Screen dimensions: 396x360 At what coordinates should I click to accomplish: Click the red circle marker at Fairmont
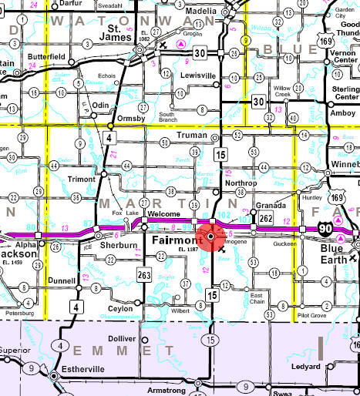click(x=210, y=237)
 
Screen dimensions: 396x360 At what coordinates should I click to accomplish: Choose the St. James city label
click(x=120, y=37)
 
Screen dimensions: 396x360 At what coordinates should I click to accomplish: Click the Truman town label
click(x=193, y=135)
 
